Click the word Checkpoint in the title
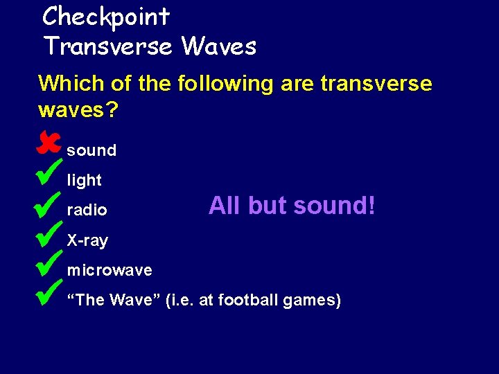(106, 16)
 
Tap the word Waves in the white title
(218, 46)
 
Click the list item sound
(91, 150)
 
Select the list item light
(84, 181)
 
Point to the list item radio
(87, 210)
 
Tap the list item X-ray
(87, 241)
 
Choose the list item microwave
(109, 270)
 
